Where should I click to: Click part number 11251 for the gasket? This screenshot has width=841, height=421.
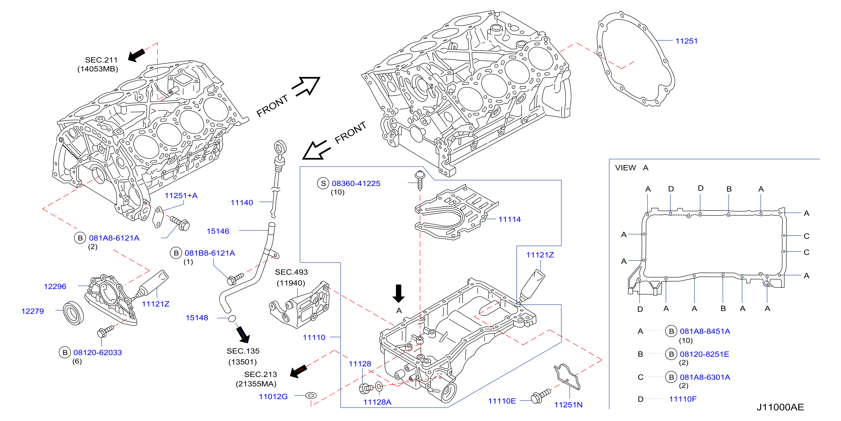(x=686, y=41)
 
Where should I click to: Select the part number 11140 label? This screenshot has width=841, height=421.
(x=242, y=203)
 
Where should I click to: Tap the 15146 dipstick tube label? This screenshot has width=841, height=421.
(x=218, y=231)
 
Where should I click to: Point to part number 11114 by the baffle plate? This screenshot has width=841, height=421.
(x=509, y=220)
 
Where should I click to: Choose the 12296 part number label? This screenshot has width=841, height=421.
(x=55, y=286)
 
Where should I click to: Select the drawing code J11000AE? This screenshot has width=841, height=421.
(x=780, y=407)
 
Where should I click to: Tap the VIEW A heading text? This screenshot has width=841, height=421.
(x=631, y=168)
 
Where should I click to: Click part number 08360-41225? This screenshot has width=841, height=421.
(x=356, y=183)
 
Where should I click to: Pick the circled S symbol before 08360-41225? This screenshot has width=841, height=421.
(x=323, y=183)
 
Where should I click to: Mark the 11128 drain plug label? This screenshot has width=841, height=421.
(x=360, y=364)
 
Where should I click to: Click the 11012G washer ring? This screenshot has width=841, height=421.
(x=311, y=395)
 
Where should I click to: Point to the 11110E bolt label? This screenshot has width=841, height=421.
(x=502, y=401)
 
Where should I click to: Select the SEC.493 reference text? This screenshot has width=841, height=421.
(x=291, y=272)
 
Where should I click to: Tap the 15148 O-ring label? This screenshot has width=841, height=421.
(x=197, y=318)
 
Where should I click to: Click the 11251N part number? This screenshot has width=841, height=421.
(x=568, y=405)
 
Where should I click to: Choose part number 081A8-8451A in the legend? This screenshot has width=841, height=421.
(x=705, y=331)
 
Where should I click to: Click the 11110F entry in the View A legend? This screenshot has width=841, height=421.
(x=683, y=399)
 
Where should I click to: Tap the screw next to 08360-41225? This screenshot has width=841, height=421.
(x=420, y=180)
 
